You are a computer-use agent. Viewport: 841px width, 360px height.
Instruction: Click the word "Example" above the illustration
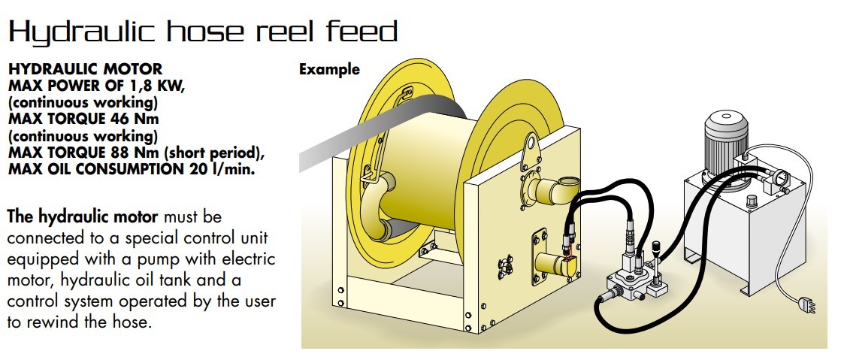[x=329, y=70]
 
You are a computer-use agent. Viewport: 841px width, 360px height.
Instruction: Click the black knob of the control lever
[x=655, y=246]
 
